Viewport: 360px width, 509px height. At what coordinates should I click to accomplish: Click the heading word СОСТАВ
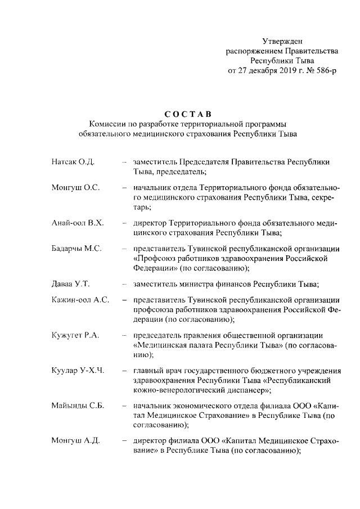(188, 114)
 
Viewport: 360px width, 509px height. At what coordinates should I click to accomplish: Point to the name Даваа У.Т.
(70, 283)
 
